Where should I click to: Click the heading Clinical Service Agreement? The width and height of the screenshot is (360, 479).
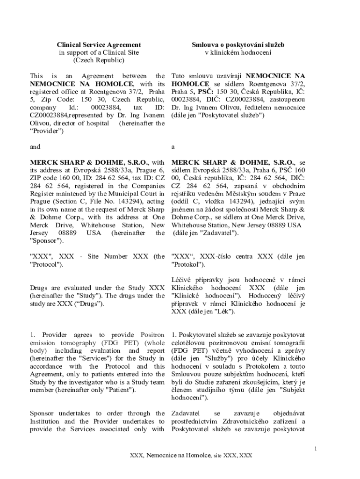(99, 44)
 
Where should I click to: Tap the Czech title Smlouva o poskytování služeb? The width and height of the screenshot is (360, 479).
(238, 44)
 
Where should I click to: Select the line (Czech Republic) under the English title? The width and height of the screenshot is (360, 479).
(99, 60)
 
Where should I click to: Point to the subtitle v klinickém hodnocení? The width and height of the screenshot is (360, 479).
(238, 52)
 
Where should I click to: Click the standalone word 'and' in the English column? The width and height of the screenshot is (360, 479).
(35, 147)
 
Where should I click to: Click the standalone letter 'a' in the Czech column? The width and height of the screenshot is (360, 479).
(173, 147)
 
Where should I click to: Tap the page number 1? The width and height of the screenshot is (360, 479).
(316, 449)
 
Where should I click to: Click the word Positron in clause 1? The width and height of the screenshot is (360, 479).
(152, 335)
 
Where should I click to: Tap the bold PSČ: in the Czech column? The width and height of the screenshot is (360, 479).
(203, 92)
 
